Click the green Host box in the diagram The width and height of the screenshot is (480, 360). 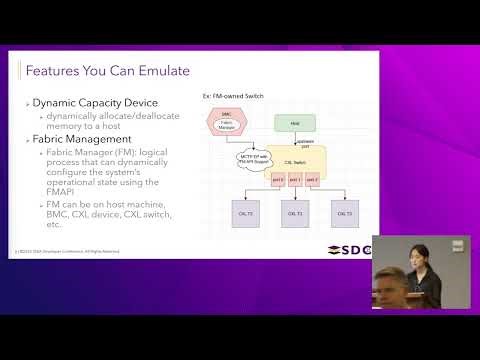tap(295, 123)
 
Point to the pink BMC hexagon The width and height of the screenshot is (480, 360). tap(227, 122)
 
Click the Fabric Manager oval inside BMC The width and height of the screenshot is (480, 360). tap(227, 126)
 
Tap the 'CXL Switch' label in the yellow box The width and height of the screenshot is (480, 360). tap(295, 161)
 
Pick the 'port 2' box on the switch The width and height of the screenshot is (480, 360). tap(312, 180)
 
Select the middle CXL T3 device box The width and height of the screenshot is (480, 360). tap(294, 214)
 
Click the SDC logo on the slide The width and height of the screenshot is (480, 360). tap(350, 249)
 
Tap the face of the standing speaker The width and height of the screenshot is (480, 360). tap(413, 255)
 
